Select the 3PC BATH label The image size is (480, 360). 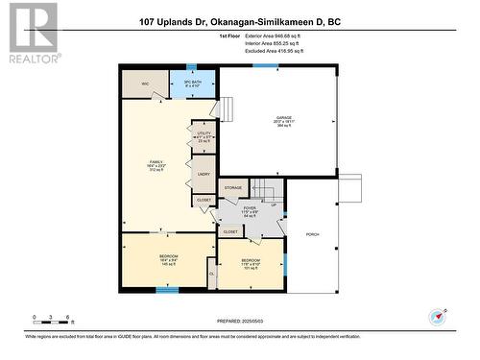(x=191, y=83)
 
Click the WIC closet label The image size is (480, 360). (x=145, y=84)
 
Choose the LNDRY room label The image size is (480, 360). (x=203, y=175)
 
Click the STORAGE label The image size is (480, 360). (x=233, y=188)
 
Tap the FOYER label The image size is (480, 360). (x=250, y=207)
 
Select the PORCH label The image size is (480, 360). (x=312, y=234)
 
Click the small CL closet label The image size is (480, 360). (x=211, y=274)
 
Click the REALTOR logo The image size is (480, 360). (x=32, y=33)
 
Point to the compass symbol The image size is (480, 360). (x=439, y=316)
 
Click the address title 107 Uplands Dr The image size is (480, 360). (x=239, y=21)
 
